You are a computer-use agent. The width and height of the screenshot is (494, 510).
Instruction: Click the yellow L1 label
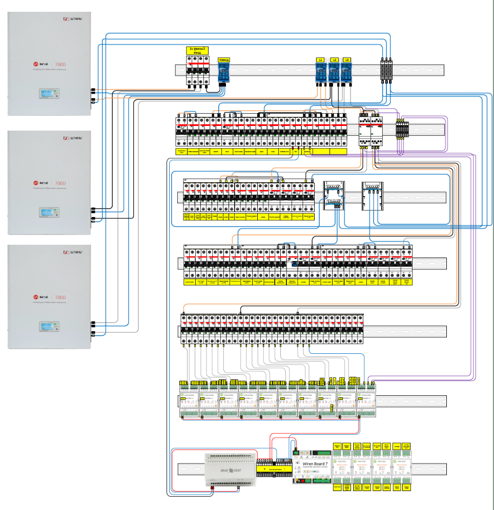point(321,60)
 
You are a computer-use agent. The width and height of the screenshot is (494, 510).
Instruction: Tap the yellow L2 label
point(334,60)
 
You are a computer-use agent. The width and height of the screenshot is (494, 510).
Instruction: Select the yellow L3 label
point(347,60)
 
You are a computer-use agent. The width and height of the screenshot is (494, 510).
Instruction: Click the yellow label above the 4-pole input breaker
point(198,50)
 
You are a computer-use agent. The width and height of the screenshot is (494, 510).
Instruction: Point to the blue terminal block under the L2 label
point(334,74)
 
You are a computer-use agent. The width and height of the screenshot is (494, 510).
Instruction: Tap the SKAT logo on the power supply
point(231,470)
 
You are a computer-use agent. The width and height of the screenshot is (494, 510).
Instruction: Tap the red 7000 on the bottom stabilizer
point(60,297)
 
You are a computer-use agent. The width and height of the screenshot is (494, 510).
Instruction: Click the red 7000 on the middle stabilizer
point(60,183)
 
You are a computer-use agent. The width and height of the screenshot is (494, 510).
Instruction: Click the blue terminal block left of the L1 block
point(223,74)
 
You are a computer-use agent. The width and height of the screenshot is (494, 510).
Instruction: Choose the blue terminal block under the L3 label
point(347,74)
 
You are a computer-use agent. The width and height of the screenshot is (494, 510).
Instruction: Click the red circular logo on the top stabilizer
point(36,65)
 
